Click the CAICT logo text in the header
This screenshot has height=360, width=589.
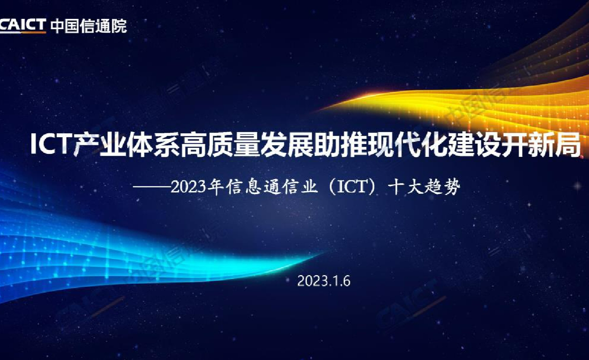tap(23, 26)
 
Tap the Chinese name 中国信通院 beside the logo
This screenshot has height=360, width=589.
tap(89, 26)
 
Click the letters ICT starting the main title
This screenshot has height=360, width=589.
tap(51, 144)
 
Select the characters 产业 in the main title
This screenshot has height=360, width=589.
tap(100, 144)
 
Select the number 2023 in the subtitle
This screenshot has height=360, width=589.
tap(188, 187)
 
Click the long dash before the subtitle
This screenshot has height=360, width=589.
tap(152, 187)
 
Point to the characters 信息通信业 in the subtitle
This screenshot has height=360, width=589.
tap(271, 187)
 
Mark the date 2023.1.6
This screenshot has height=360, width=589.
tap(324, 281)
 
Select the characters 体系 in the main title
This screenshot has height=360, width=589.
tap(153, 144)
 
